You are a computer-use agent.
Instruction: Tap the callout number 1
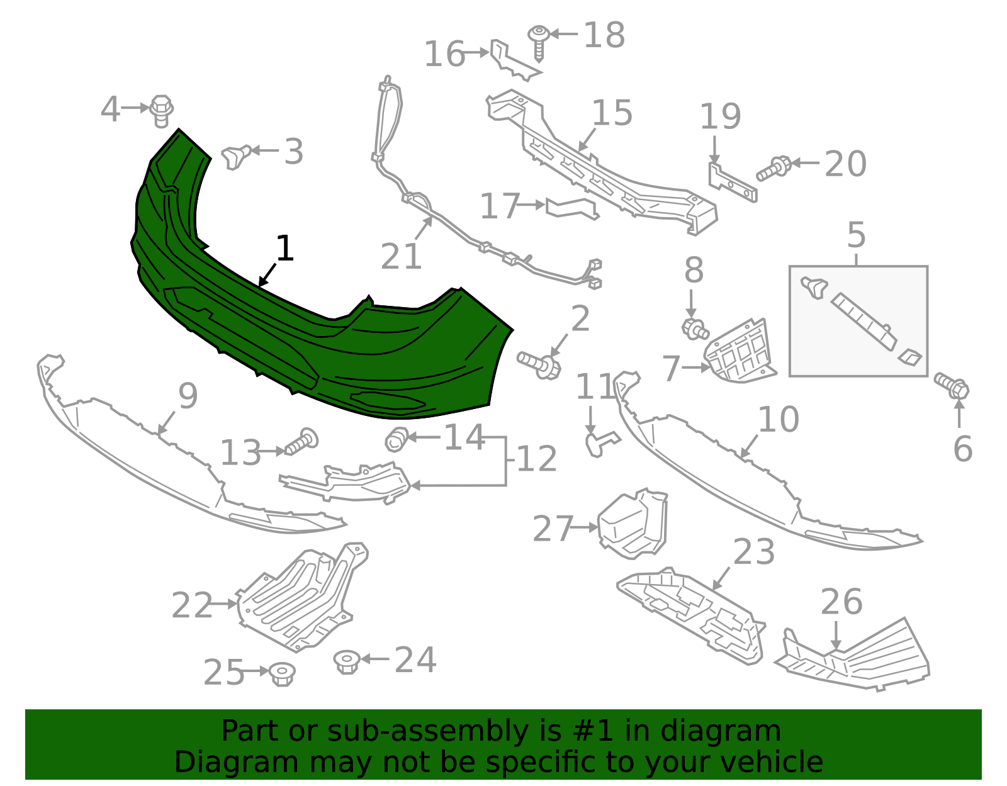pos(284,249)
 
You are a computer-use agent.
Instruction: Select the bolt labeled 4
pos(162,111)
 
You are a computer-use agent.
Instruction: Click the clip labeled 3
pos(236,156)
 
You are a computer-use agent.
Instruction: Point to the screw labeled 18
pos(539,41)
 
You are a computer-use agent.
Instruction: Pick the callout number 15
pos(612,113)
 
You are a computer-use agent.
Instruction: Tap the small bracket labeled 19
pos(732,183)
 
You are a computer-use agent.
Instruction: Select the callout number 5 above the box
pos(856,235)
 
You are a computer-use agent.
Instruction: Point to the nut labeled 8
pos(695,328)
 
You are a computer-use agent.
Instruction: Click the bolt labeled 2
pos(540,364)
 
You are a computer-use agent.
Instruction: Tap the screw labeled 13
pos(302,442)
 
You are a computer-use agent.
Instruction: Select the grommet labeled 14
pos(397,439)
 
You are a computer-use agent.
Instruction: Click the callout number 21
pos(401,257)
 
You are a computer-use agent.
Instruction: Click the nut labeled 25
pos(282,673)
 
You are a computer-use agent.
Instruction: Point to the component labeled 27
pos(631,524)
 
